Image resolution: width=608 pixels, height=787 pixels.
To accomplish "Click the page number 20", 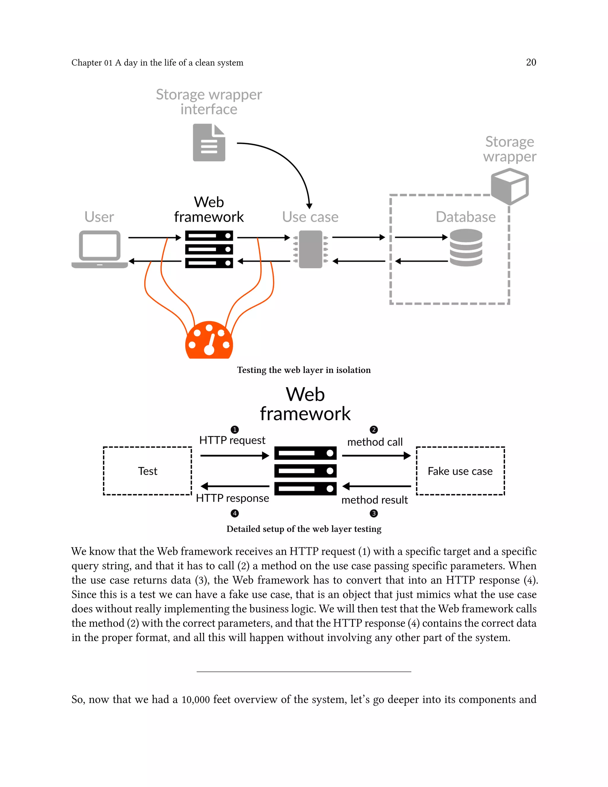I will tap(531, 62).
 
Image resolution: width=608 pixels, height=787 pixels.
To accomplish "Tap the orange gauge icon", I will tap(209, 341).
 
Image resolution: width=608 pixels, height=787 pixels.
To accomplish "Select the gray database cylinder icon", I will tap(466, 248).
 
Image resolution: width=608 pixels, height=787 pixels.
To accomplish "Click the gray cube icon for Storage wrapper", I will tap(510, 186).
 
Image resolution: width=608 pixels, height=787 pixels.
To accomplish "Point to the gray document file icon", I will tap(209, 143).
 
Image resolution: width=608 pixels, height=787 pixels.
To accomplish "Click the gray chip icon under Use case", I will tap(311, 249).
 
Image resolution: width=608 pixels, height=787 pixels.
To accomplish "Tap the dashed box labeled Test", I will tap(147, 471).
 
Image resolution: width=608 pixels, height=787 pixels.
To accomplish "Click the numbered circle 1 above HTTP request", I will tap(235, 429).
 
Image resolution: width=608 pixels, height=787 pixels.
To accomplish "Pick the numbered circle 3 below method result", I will tap(374, 513).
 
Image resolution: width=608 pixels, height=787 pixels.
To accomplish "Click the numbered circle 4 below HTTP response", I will tap(235, 513).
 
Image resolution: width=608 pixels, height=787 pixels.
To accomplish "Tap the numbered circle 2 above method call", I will tap(374, 429).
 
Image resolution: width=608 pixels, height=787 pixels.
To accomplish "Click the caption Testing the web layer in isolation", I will tap(304, 370).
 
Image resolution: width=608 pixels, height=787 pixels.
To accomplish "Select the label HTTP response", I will tap(232, 498).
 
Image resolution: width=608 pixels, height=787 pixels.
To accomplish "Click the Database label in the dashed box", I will tap(465, 217).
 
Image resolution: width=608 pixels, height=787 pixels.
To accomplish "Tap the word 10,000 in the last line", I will tap(196, 700).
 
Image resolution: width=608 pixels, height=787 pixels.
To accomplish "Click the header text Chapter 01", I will tap(92, 63).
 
